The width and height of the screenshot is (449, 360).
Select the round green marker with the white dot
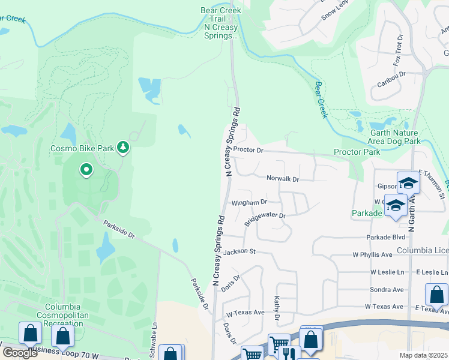click(x=86, y=170)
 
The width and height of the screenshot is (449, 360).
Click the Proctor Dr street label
click(x=249, y=149)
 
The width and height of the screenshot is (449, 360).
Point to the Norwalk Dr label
click(x=283, y=179)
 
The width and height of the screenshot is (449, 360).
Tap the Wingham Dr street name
click(x=249, y=203)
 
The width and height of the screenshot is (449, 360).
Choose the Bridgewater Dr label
click(x=264, y=219)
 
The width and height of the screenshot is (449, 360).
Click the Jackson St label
click(x=240, y=252)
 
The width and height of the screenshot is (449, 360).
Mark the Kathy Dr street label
click(x=277, y=308)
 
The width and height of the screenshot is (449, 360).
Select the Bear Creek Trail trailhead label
click(x=220, y=23)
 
